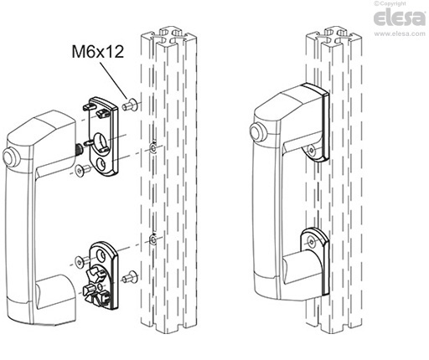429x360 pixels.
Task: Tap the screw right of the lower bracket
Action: (x=129, y=276)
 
